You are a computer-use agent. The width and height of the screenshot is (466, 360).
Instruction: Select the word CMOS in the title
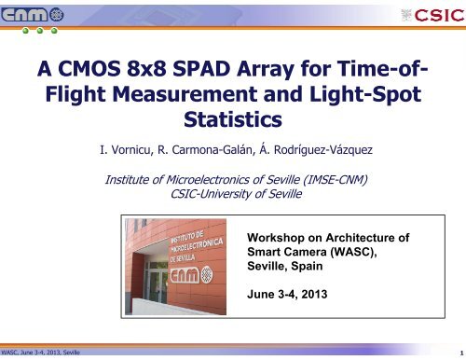click(x=100, y=68)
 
